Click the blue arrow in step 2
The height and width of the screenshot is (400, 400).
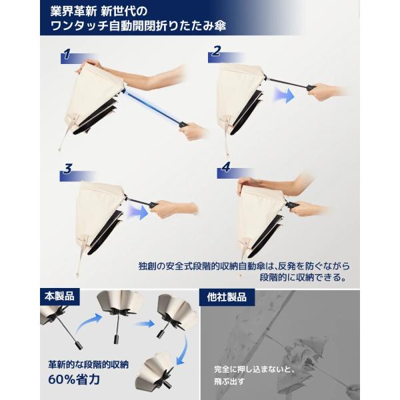[284, 95]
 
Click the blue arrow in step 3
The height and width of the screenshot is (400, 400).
[138, 211]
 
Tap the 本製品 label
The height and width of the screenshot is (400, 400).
[60, 297]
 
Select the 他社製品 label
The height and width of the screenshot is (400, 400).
[227, 297]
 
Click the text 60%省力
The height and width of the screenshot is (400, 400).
[74, 379]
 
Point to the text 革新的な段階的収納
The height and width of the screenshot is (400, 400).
[88, 365]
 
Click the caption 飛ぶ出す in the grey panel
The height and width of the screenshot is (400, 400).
[229, 381]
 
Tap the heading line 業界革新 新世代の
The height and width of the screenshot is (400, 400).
[99, 11]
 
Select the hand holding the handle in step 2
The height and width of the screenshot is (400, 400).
[328, 90]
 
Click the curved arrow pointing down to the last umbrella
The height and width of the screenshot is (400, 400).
[183, 350]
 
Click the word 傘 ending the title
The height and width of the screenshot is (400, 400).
[219, 26]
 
